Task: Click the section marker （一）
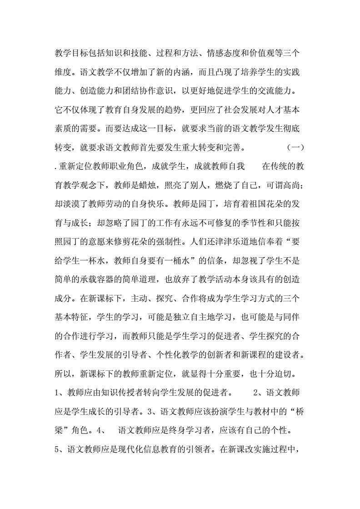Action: click(295, 147)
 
